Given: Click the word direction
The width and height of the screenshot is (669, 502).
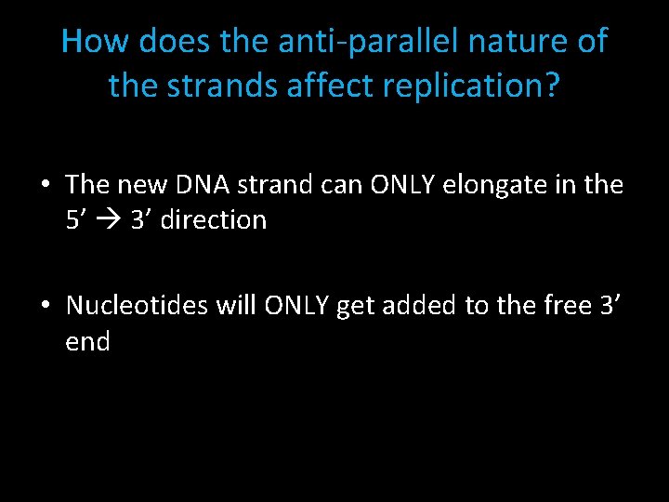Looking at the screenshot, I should pos(213,220).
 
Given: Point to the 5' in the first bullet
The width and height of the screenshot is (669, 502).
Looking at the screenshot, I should pos(77,220).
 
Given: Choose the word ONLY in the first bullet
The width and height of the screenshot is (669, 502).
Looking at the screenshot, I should pos(400,185).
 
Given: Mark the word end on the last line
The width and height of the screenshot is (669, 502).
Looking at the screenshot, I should pos(87,341).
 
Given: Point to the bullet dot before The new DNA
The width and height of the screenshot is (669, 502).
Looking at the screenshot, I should pos(46,185).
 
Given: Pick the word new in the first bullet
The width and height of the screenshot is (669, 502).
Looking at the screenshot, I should pos(139,185).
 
